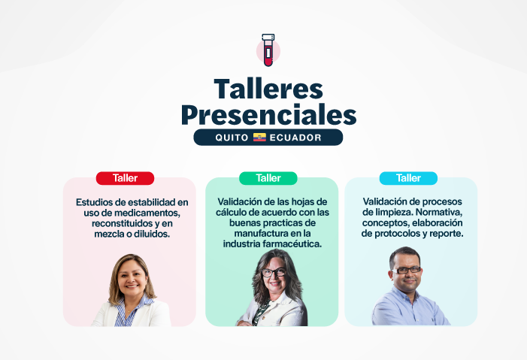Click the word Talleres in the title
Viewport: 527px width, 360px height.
pyautogui.click(x=268, y=89)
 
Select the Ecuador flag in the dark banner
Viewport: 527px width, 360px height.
pyautogui.click(x=259, y=138)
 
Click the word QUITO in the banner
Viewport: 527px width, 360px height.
pyautogui.click(x=232, y=138)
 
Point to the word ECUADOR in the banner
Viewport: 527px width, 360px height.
pyautogui.click(x=295, y=138)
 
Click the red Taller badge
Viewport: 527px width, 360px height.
pyautogui.click(x=125, y=178)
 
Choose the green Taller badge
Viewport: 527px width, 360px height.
pyautogui.click(x=268, y=178)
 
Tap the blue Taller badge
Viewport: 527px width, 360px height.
pyautogui.click(x=408, y=178)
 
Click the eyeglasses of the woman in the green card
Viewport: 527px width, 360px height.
pyautogui.click(x=272, y=272)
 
